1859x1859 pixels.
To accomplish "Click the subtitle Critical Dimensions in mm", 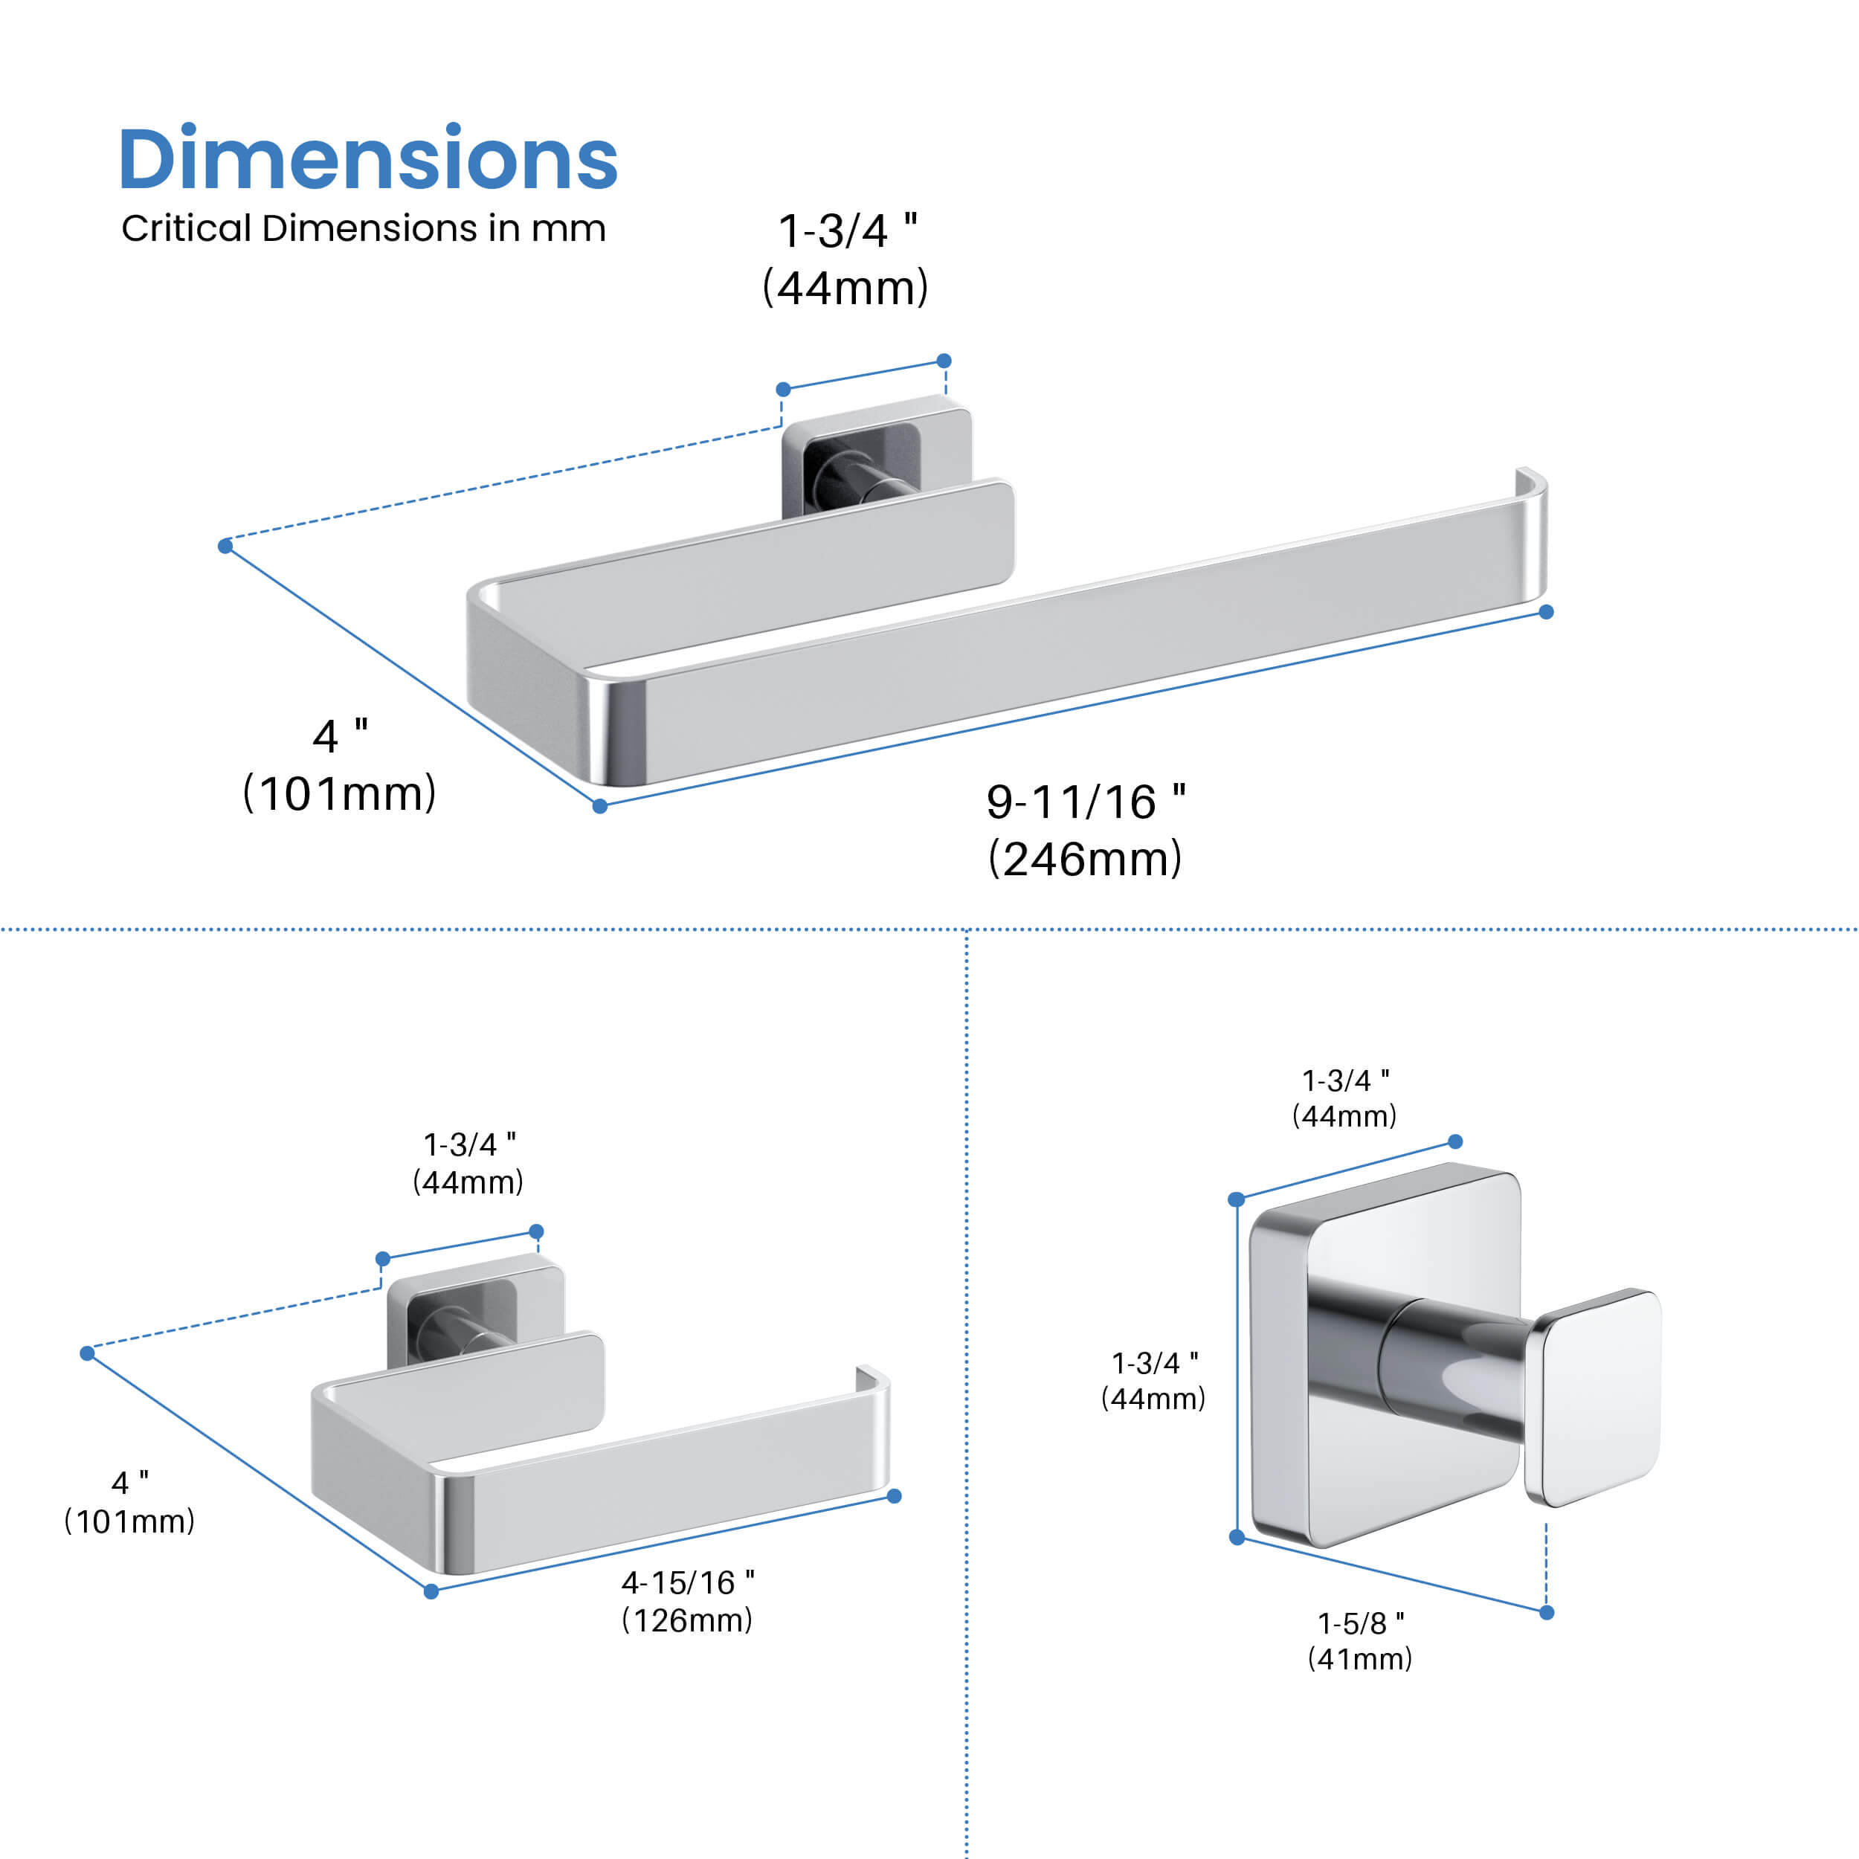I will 363,228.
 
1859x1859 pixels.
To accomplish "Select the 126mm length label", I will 687,1620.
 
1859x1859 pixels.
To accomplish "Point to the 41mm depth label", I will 1359,1659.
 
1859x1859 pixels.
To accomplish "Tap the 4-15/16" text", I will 687,1583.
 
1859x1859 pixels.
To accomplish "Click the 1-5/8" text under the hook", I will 1359,1623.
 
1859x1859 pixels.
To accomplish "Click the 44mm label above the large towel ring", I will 845,288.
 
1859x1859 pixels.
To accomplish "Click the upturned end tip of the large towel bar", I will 1530,481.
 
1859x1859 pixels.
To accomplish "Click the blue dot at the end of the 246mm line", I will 1546,612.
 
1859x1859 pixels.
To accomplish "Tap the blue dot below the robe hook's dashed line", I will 1546,1613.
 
